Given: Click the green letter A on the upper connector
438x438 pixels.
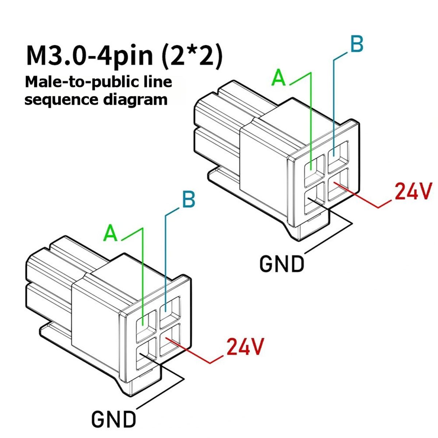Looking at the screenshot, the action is [x=278, y=78].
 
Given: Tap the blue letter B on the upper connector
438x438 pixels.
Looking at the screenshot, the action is [x=357, y=44].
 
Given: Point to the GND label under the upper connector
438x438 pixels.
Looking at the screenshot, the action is [x=281, y=264].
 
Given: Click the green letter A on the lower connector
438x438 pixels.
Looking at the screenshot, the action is [x=111, y=233].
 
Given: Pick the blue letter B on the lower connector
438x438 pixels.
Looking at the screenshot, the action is [x=189, y=200].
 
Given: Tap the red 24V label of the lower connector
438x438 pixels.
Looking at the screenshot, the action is [x=245, y=350].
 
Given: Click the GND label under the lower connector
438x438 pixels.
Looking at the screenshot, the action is [x=114, y=419].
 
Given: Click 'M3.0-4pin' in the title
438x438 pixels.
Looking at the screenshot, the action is [x=89, y=56].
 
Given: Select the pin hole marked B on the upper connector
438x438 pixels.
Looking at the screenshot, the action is [x=338, y=156].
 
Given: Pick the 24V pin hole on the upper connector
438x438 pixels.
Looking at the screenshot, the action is [x=338, y=185].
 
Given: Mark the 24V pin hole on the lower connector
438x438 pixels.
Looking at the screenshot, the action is [x=170, y=340].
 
